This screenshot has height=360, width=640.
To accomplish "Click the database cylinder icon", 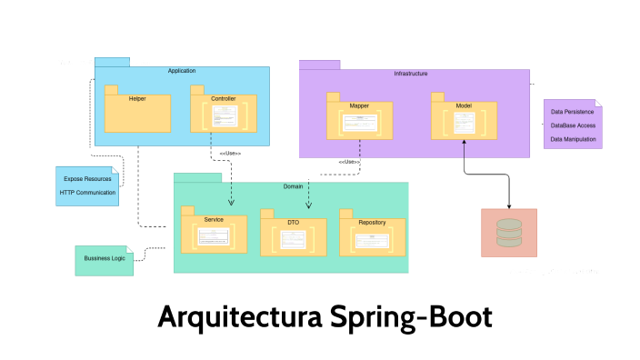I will [x=509, y=233].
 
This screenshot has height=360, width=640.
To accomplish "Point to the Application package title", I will [x=182, y=71].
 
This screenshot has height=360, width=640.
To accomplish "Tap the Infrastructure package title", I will [x=410, y=73].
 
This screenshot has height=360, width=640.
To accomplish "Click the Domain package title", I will [x=292, y=186].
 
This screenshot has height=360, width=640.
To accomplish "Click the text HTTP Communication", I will [x=87, y=193].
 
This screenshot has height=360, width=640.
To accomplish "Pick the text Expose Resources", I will [x=87, y=179].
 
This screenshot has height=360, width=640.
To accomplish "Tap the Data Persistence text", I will [x=573, y=112].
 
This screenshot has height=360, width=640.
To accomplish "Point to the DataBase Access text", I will [x=573, y=125].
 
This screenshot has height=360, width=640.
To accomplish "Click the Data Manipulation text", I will [x=573, y=139].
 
